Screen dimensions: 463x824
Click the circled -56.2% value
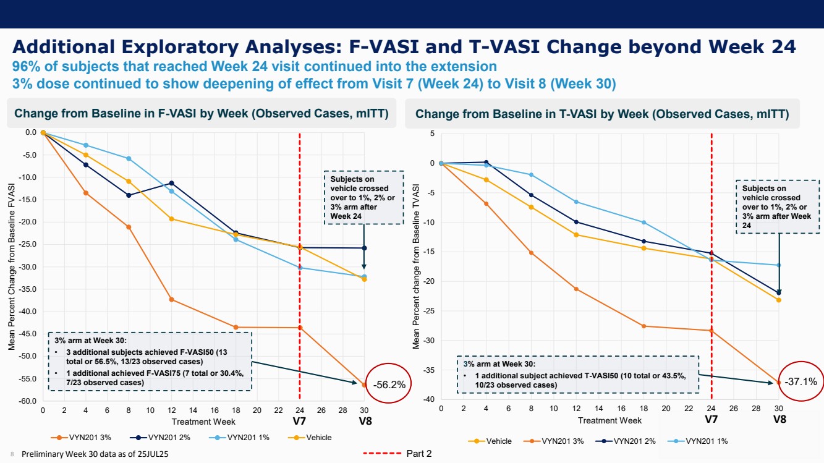click(x=389, y=384)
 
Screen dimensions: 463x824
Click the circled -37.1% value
click(x=801, y=382)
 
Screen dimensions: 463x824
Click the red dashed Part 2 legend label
click(x=418, y=454)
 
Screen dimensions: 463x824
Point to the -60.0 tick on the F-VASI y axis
click(x=29, y=401)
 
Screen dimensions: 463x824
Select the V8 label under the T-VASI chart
click(x=779, y=420)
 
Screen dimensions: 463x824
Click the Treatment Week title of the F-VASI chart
click(x=203, y=422)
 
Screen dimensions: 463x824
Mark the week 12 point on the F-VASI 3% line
click(x=171, y=300)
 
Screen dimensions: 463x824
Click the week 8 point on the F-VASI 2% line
click(x=129, y=195)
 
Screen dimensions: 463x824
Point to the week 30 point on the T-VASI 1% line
click(x=779, y=265)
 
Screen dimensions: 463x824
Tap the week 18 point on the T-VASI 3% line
click(x=643, y=326)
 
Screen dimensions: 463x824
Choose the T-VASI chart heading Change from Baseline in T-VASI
click(x=602, y=114)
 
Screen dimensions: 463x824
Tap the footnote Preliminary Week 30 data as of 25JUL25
click(x=95, y=454)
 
